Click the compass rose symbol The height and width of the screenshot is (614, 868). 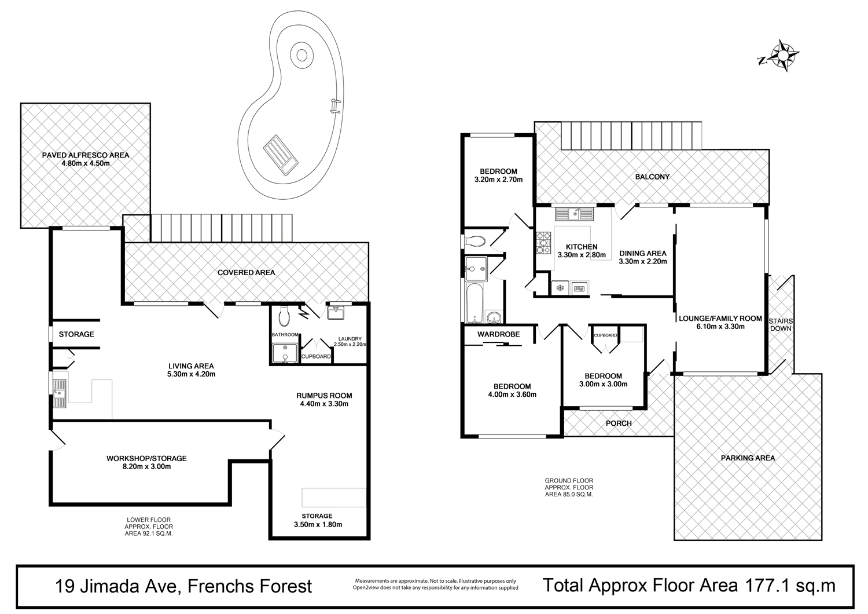coord(783,56)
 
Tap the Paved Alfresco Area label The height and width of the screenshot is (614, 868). coord(86,155)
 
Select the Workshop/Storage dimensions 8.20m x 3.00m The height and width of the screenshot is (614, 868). coord(146,466)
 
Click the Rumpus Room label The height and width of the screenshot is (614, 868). coord(324,396)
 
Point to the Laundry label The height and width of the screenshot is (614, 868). coord(350,339)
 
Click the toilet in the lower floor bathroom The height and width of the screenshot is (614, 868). coord(284,316)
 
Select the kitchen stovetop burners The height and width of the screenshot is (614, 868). coord(544,243)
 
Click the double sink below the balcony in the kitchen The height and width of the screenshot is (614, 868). coord(574,214)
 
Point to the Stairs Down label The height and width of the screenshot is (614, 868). coord(781,324)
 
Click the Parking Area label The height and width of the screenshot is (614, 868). coord(748,458)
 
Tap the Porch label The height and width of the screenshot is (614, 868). coord(619,423)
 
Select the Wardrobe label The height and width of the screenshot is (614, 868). coord(498,334)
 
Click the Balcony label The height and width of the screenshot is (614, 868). coord(652,177)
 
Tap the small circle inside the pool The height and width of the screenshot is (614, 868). coord(301,55)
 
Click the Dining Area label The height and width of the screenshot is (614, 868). coord(642,253)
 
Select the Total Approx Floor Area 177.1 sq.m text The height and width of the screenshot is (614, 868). coord(689,585)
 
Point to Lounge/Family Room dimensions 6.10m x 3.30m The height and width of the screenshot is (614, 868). coord(720,327)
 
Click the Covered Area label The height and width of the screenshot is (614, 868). coord(246,272)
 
